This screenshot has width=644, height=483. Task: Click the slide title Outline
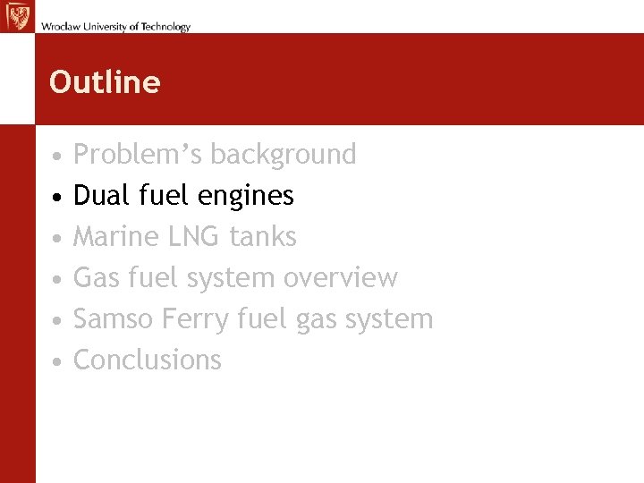click(x=105, y=82)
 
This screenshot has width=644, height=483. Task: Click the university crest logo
click(x=17, y=16)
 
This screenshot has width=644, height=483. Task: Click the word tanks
click(x=263, y=237)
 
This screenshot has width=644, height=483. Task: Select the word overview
click(x=340, y=278)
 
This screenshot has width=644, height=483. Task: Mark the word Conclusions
click(x=147, y=360)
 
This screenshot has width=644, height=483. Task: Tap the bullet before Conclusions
click(x=56, y=361)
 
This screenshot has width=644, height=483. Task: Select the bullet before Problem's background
click(x=56, y=156)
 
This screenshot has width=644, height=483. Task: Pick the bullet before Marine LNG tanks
click(x=56, y=238)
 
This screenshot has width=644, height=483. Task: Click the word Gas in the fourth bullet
click(x=95, y=278)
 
